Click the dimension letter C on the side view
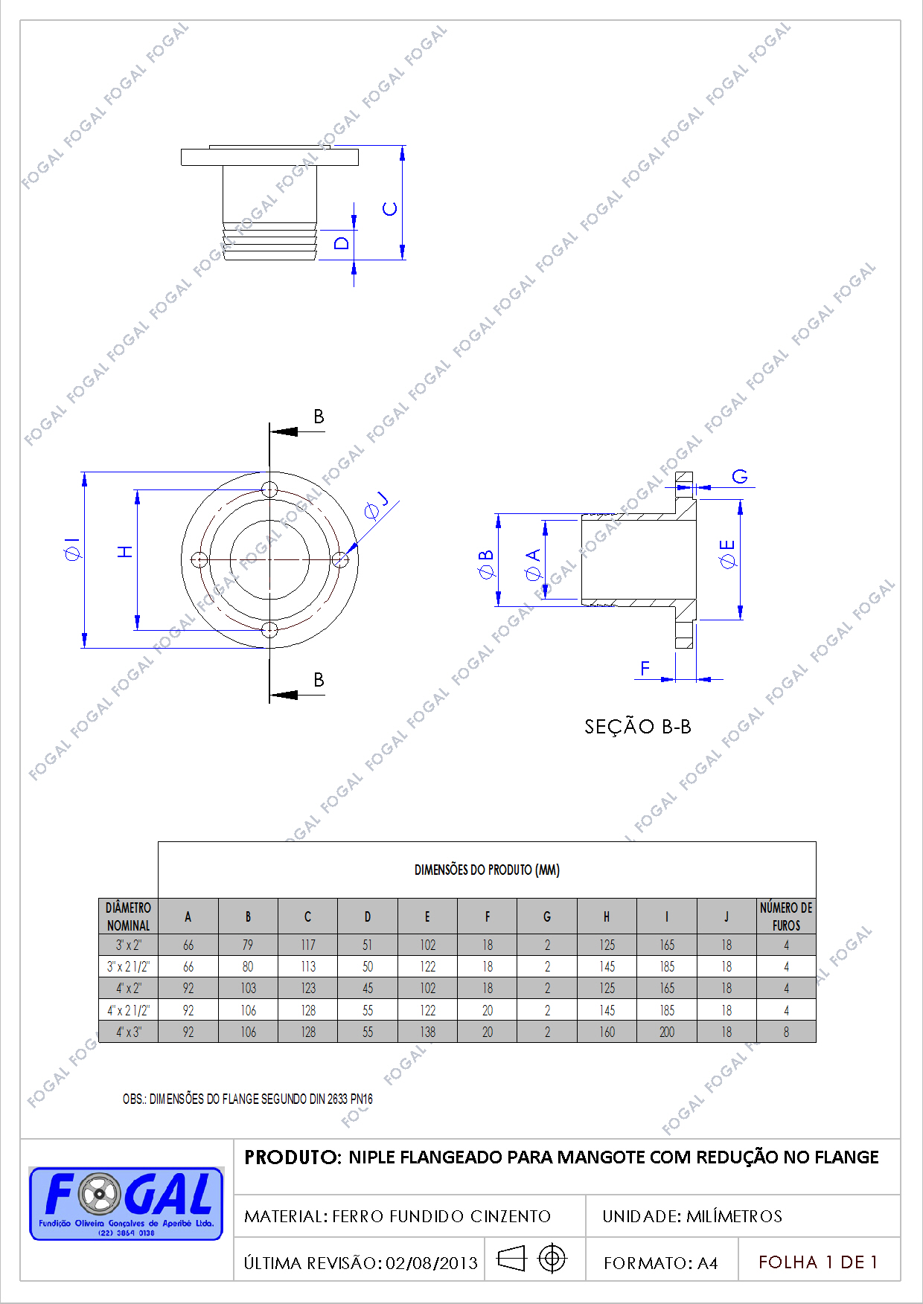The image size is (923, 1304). (x=390, y=209)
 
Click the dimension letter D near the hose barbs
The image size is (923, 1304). (x=342, y=243)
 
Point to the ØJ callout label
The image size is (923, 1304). (x=376, y=505)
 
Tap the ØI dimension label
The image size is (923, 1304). (x=72, y=548)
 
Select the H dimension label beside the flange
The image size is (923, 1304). (x=126, y=551)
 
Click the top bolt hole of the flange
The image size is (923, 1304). (x=269, y=489)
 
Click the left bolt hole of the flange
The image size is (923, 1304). (x=199, y=559)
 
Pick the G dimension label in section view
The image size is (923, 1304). (x=739, y=476)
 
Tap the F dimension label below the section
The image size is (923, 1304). (x=645, y=668)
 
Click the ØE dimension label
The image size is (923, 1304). (x=727, y=554)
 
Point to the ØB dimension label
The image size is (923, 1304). (x=485, y=565)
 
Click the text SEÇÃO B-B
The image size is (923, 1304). (x=638, y=727)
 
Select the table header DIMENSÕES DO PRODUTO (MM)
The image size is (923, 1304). (x=487, y=870)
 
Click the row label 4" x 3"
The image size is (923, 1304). (x=128, y=1032)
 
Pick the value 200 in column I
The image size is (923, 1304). (x=667, y=1032)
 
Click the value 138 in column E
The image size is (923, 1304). (x=427, y=1032)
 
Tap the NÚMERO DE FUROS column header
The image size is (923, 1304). (x=786, y=916)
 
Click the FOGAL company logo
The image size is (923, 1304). (x=126, y=1203)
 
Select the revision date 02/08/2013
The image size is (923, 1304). (x=432, y=1262)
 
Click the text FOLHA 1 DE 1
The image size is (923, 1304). (x=818, y=1262)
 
